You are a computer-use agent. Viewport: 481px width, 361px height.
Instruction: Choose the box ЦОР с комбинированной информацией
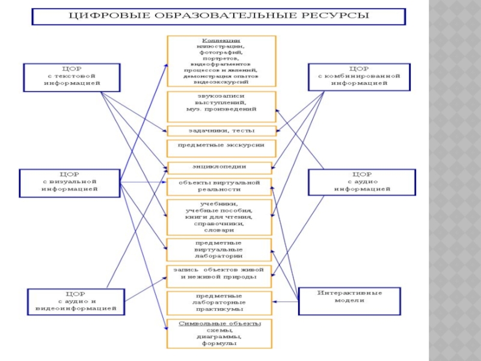click(359, 76)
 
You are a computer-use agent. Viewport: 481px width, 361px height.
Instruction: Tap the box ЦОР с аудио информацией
click(361, 182)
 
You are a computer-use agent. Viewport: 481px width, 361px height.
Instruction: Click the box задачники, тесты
click(221, 131)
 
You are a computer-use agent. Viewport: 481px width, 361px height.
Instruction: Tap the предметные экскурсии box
click(221, 146)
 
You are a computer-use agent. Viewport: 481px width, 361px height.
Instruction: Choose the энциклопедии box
click(221, 166)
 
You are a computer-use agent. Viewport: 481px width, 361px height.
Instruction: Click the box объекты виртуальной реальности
click(221, 186)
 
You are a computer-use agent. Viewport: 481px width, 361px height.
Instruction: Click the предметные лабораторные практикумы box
click(219, 303)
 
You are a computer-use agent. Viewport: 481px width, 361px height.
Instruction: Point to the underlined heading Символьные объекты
click(219, 324)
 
